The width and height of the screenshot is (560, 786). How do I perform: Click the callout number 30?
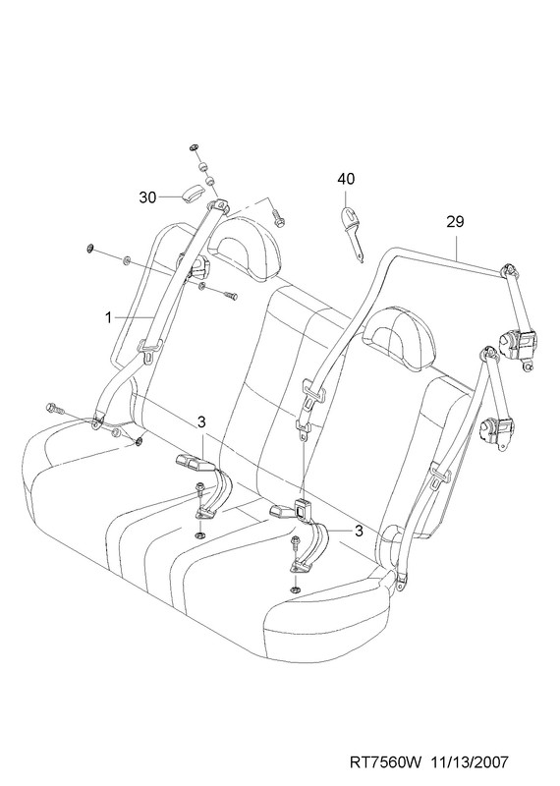coord(148,197)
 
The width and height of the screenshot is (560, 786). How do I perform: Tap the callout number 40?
coord(346,179)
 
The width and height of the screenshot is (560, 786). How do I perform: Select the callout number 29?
coord(455,222)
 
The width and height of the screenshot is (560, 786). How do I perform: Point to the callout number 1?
coord(108,316)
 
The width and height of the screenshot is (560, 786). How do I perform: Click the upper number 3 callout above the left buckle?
coord(201,422)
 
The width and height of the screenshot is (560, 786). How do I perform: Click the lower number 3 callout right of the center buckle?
coord(359,531)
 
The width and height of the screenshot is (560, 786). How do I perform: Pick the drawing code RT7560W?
coord(386,762)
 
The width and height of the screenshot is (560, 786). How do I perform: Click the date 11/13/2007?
coord(470,762)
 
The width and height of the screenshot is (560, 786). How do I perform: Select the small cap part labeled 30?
coord(192,194)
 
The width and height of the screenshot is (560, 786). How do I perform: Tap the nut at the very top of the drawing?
coord(194,148)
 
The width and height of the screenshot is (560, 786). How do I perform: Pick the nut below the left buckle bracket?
coord(199,534)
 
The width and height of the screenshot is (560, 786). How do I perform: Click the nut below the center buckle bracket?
coord(296,590)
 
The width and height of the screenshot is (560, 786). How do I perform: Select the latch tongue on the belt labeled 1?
coord(150,350)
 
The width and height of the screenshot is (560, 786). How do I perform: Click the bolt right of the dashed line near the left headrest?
coord(278,217)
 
